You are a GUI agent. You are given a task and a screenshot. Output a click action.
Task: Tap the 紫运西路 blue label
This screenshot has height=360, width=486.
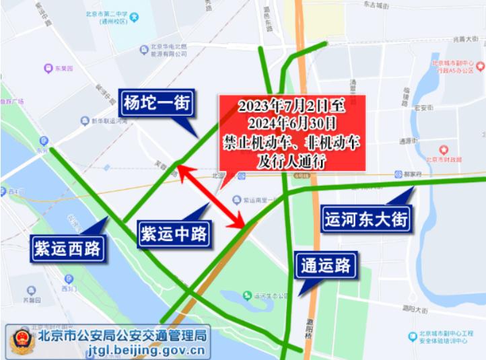click(x=67, y=249)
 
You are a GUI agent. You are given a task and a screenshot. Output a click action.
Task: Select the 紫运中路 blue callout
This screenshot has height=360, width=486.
click(x=174, y=234)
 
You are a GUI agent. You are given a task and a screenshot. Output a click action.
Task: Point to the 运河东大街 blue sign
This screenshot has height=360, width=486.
click(x=366, y=219)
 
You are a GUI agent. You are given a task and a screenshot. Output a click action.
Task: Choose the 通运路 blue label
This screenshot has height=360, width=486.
click(x=326, y=266)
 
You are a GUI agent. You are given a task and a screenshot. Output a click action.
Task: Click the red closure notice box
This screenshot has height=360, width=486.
click(x=291, y=132)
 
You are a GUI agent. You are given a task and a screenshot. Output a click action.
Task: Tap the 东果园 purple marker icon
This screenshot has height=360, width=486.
click(x=48, y=68)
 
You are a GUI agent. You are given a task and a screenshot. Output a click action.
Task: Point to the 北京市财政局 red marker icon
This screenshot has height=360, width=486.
click(x=443, y=149)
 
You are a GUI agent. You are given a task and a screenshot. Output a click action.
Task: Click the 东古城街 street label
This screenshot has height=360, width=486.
click(x=376, y=5)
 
